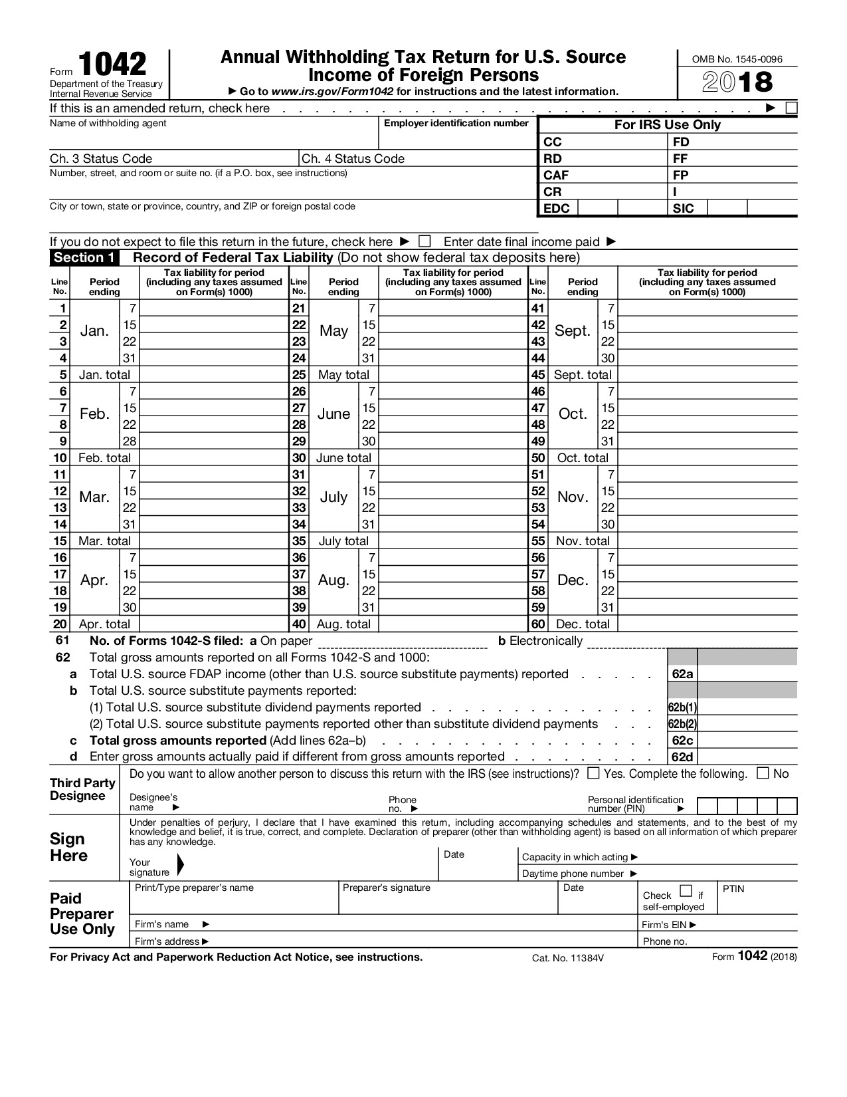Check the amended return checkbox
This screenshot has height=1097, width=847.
point(791,108)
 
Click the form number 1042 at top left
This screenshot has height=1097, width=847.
point(113,65)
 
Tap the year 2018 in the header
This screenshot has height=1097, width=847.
point(737,82)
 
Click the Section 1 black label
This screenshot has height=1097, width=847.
point(84,258)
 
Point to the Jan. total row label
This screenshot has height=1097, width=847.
point(104,375)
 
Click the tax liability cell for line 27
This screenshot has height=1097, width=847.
point(453,408)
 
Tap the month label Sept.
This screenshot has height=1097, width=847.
point(572,331)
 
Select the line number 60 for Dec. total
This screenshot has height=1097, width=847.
point(537,624)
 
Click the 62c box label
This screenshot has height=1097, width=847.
point(682,741)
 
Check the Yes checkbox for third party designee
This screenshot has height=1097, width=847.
point(594,773)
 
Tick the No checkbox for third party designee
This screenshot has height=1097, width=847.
point(763,773)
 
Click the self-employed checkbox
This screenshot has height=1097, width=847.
point(687,892)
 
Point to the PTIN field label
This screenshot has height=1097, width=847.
point(733,889)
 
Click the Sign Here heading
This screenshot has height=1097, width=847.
point(68,848)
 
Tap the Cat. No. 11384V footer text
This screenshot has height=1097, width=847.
point(568,958)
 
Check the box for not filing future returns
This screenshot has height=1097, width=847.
point(424,241)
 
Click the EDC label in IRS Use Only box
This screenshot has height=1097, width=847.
point(557,209)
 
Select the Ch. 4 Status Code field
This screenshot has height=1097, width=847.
point(417,159)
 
